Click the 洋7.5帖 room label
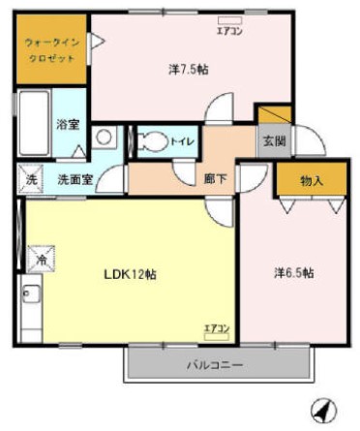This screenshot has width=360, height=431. pos(190,70)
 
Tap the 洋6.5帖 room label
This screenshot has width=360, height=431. pos(292,274)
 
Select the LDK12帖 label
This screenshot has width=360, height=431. pos(131,274)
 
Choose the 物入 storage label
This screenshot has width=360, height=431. pos(312,180)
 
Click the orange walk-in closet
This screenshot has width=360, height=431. pos(50,48)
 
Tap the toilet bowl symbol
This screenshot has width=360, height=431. pos(151,141)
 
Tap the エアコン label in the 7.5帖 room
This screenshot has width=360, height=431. pos(229,33)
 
